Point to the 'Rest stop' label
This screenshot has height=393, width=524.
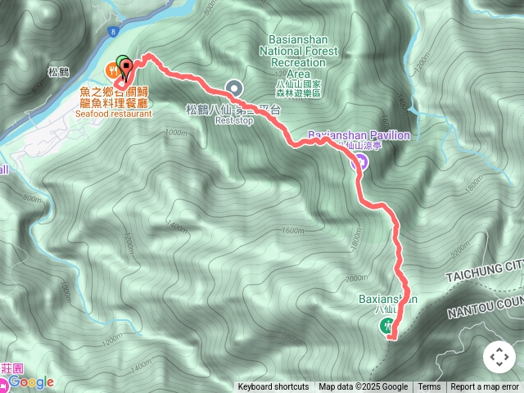233,120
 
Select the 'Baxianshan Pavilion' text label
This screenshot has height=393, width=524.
359,134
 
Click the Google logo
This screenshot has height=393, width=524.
31,382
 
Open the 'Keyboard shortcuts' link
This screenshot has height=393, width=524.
273,387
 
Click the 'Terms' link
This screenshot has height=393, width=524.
429,387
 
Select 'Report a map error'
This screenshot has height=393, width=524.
485,387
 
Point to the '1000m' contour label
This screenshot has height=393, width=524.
175,132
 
